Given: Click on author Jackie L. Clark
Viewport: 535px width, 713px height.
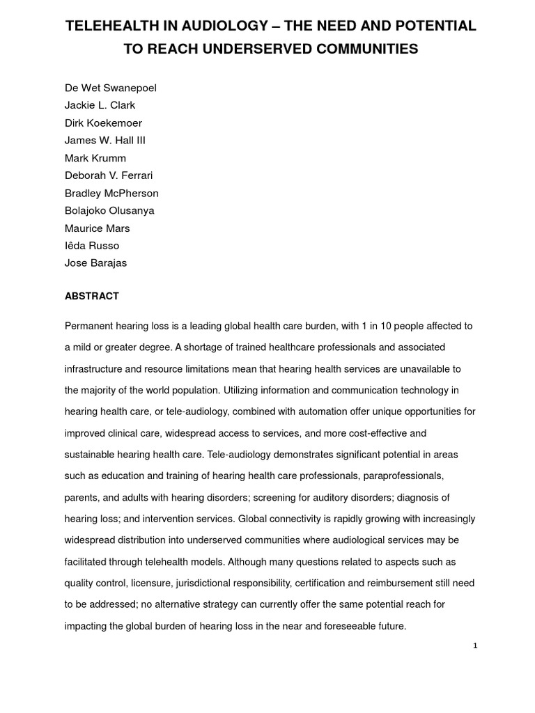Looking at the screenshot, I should pyautogui.click(x=100, y=105).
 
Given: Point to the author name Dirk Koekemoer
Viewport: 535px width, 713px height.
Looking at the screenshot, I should pyautogui.click(x=103, y=123).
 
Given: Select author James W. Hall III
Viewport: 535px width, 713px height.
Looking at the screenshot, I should pyautogui.click(x=105, y=140).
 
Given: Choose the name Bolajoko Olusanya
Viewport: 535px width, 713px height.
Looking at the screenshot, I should pyautogui.click(x=109, y=210).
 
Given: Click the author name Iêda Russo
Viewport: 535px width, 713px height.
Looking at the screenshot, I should pyautogui.click(x=92, y=245).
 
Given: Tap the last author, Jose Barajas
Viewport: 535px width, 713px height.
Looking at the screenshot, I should pyautogui.click(x=95, y=263).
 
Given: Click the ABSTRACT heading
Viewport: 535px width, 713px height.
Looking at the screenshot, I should pyautogui.click(x=92, y=296).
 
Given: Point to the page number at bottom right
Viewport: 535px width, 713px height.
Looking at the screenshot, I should pyautogui.click(x=475, y=646).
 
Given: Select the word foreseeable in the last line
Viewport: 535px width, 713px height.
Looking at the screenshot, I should pyautogui.click(x=348, y=626).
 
